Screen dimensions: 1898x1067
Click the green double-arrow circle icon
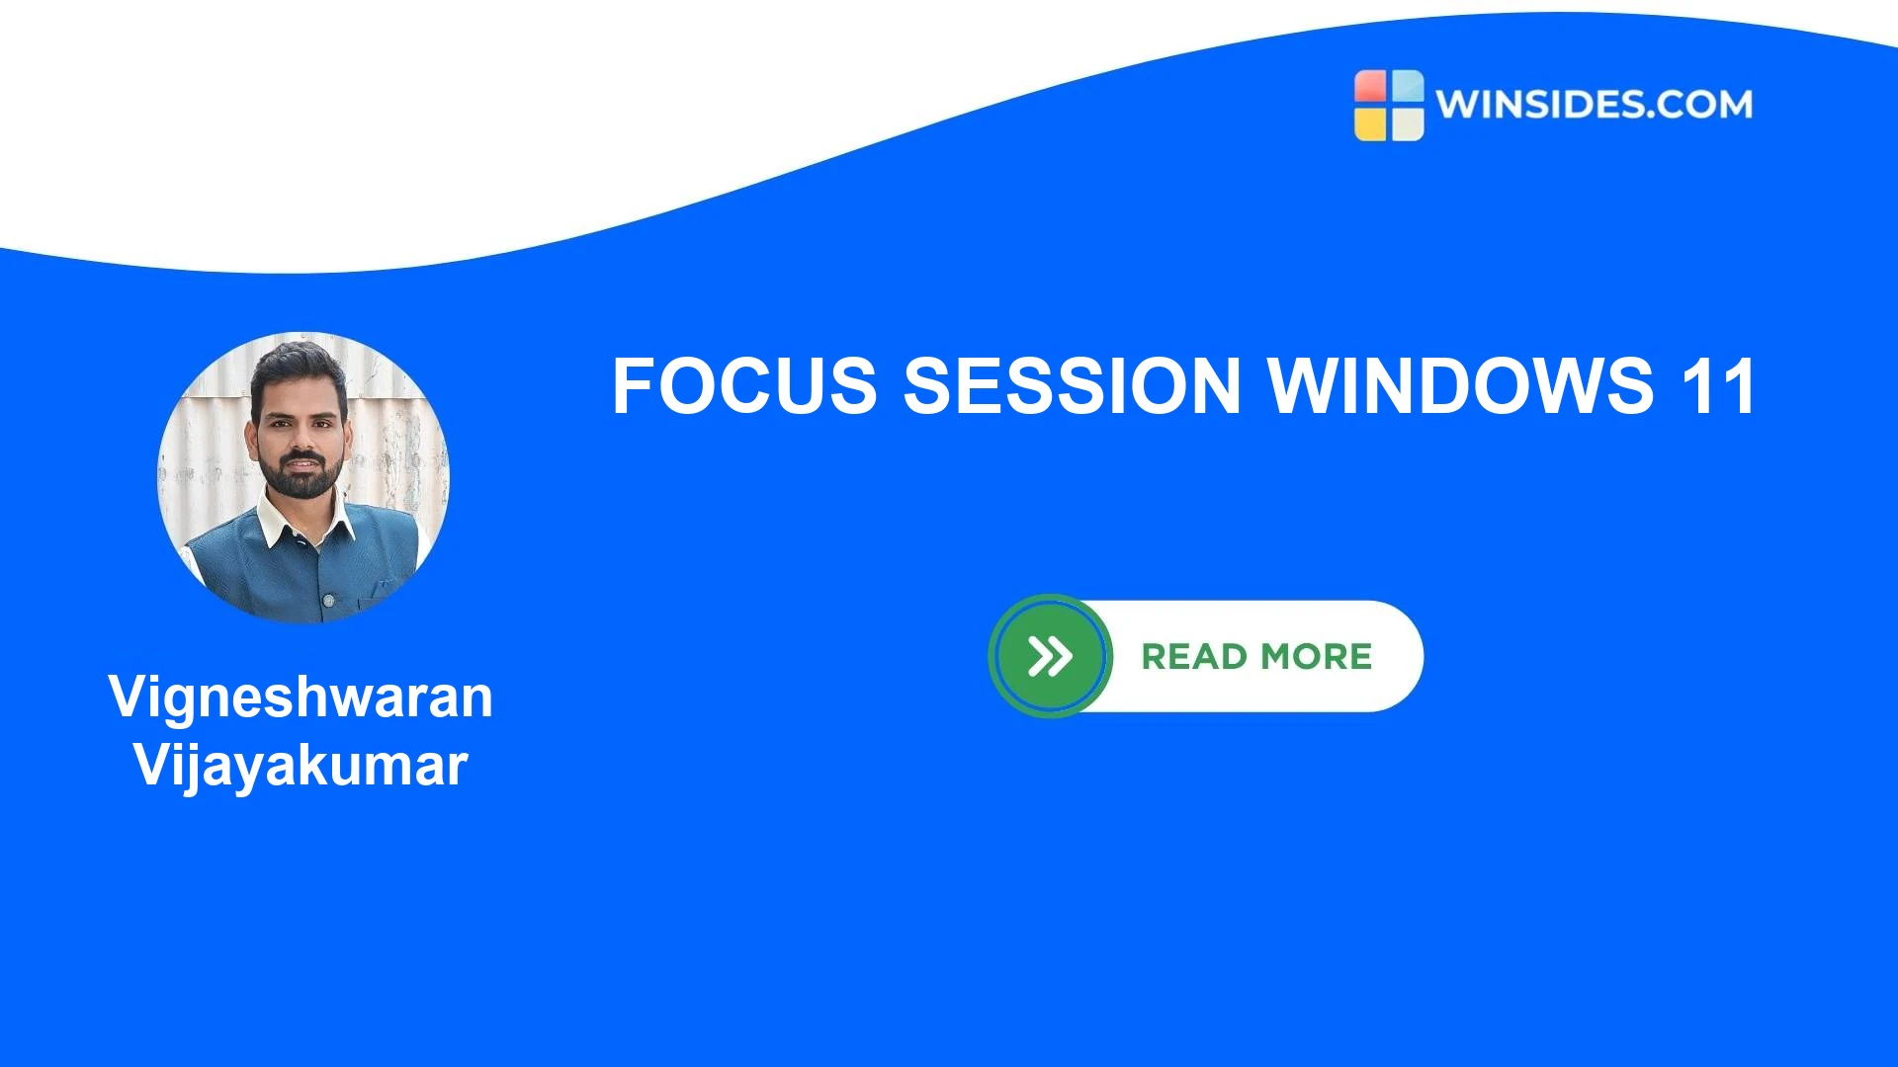(1050, 656)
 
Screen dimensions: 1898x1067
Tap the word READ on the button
(1194, 657)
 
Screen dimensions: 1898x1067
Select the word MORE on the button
(1317, 657)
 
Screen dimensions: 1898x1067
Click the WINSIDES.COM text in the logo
(1594, 105)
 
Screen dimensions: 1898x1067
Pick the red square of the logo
(1370, 87)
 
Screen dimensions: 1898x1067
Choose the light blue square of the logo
(1408, 87)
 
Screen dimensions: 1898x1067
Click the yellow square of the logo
(1370, 123)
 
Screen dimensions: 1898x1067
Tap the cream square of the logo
(1408, 123)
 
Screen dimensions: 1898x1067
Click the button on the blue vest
(329, 600)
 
